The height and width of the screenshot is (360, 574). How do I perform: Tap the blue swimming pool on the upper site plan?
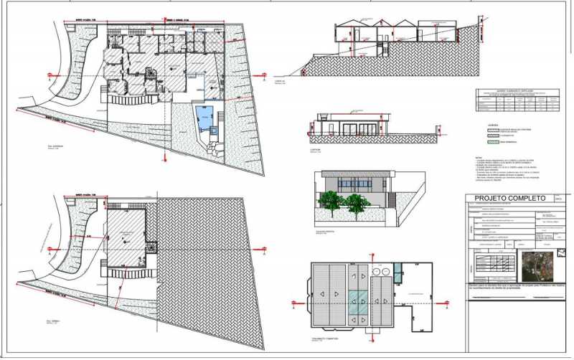pos(206,117)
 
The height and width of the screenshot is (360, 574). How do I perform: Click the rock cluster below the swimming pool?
pos(213,148)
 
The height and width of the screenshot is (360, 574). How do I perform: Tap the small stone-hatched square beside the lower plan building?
pos(151,246)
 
